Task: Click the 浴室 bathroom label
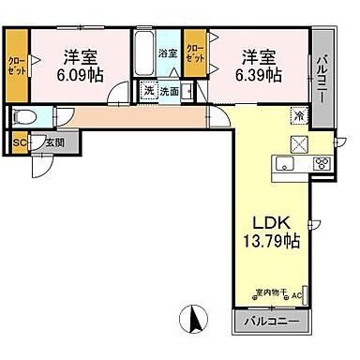point(168,54)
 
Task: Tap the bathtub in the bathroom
point(144,57)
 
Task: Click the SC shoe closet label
point(20,143)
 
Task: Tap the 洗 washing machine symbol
point(148,92)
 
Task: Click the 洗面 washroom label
point(169,92)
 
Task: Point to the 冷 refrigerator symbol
point(299,116)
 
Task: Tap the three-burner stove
point(320,163)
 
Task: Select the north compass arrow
point(197,319)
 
